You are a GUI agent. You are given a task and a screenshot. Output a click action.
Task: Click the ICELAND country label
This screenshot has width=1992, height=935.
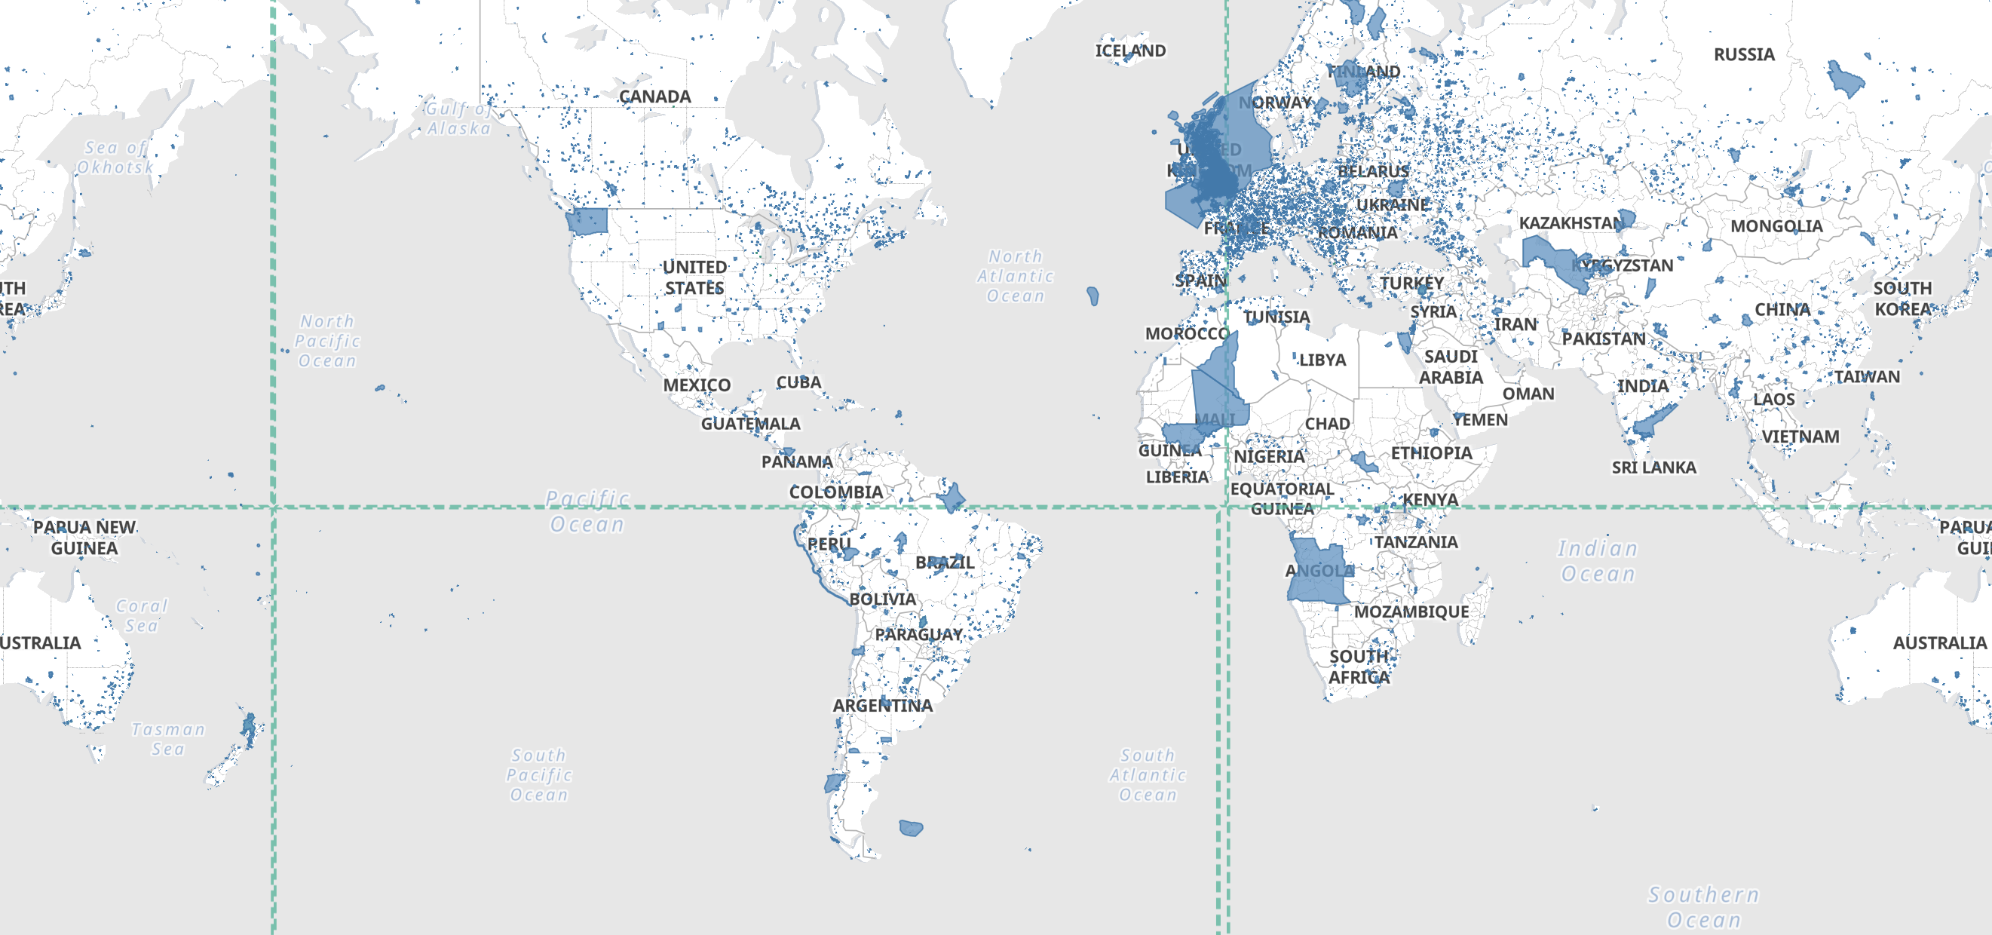(1129, 51)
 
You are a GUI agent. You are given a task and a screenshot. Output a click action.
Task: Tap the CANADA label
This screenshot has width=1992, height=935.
(654, 97)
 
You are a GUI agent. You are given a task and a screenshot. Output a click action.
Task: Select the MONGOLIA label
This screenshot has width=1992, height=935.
(1776, 227)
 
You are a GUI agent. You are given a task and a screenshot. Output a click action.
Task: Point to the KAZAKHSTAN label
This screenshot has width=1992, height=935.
(1571, 223)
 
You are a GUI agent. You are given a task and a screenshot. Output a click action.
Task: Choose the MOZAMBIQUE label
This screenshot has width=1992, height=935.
(1411, 612)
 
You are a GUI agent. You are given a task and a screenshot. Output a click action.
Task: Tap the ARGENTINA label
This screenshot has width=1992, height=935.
(882, 705)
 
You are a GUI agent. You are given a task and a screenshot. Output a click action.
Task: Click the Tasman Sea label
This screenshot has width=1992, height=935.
(168, 740)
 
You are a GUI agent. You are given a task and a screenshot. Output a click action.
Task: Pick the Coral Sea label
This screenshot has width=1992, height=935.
(142, 615)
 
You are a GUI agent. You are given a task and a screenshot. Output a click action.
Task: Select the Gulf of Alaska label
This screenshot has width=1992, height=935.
(458, 118)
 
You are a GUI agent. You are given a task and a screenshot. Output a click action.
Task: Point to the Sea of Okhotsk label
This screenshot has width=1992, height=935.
(115, 157)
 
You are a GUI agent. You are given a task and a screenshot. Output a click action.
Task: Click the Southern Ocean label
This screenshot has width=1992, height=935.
(1703, 907)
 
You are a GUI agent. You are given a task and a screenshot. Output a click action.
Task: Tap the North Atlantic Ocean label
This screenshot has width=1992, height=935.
(1016, 276)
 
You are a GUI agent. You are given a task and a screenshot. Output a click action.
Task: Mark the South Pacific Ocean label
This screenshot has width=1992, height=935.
(539, 775)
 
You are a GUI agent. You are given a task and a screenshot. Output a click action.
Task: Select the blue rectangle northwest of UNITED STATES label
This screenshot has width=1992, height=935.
(587, 221)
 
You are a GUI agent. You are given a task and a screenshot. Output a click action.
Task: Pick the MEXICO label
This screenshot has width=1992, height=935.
(696, 385)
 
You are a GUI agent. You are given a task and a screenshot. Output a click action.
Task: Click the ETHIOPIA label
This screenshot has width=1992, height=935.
(1430, 453)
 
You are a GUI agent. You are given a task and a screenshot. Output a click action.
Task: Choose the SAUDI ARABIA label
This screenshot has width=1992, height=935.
(1451, 367)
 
